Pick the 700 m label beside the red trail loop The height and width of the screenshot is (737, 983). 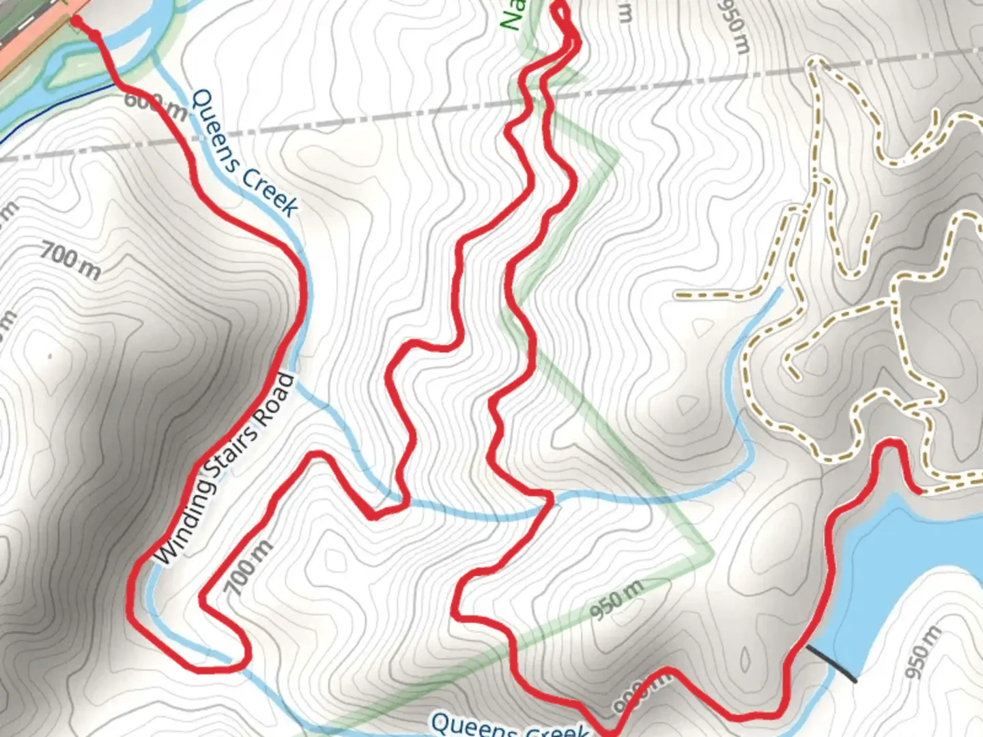point(249,566)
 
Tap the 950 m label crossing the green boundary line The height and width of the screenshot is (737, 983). point(616,601)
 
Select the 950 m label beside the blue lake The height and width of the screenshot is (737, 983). point(922,651)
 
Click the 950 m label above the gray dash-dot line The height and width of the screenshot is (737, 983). point(734,26)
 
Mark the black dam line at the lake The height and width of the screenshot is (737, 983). point(831,664)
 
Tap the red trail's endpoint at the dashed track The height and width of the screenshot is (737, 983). point(919,490)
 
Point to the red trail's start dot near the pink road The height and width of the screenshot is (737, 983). point(76,23)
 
